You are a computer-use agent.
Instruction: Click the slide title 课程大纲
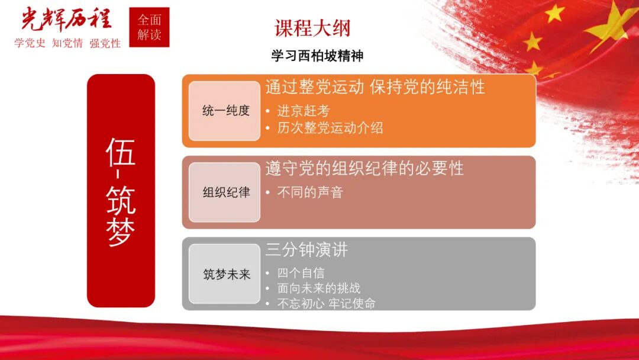[312, 28]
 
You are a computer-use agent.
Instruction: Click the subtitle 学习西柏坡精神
[317, 56]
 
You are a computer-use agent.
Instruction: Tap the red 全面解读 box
[149, 27]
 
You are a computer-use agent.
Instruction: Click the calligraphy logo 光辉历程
[66, 19]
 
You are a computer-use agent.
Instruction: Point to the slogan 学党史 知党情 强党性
[67, 43]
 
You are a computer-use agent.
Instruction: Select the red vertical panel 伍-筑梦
[121, 191]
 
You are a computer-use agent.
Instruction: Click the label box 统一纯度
[225, 111]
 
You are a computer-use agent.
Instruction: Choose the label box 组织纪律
[225, 192]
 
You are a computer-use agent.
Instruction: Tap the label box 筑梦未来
[225, 274]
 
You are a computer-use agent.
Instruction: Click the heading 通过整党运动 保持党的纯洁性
[375, 87]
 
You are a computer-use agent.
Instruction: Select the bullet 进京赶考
[304, 111]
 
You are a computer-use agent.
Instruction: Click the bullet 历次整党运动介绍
[330, 128]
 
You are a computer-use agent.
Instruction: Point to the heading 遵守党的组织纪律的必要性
[364, 168]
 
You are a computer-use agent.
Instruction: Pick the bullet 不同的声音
[310, 192]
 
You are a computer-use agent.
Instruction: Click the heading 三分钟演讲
[306, 250]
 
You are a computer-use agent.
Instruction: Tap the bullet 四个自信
[301, 274]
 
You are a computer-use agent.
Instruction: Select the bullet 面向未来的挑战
[319, 288]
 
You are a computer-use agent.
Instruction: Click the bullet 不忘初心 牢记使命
[326, 303]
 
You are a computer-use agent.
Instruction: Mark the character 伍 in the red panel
[121, 152]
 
